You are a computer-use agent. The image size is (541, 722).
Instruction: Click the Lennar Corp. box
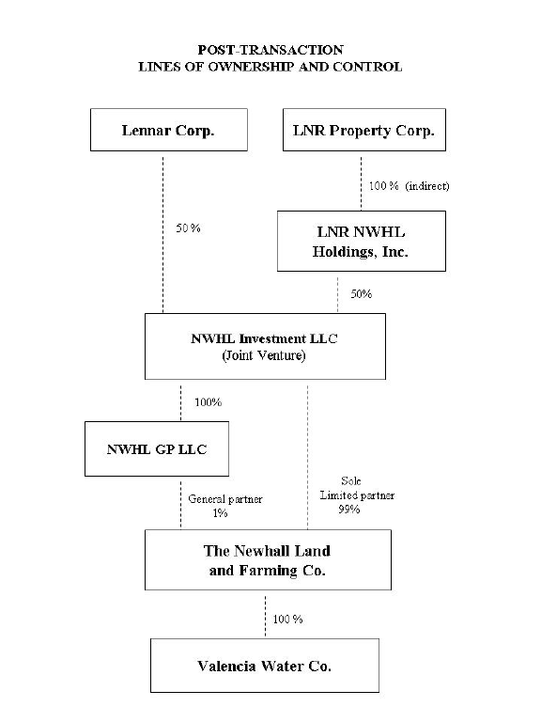(169, 130)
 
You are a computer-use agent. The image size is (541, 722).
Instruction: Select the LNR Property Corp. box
(364, 130)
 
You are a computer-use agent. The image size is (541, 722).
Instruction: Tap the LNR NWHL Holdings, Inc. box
(361, 242)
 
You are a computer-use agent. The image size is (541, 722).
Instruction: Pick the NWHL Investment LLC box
(265, 347)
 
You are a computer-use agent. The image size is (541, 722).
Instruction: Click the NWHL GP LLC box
(157, 449)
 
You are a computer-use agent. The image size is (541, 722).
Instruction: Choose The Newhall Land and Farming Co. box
(268, 560)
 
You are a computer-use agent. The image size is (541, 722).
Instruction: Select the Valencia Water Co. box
(265, 666)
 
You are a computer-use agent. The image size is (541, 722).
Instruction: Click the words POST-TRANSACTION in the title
(270, 50)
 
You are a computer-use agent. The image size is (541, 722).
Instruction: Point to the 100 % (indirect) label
(409, 186)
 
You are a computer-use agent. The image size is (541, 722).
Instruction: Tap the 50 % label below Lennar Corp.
(188, 228)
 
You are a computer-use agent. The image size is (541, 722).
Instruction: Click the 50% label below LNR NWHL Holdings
(361, 293)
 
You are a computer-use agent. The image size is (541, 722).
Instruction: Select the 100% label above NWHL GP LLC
(208, 402)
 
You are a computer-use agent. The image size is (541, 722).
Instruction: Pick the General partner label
(225, 499)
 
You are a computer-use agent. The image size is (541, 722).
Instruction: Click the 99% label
(349, 510)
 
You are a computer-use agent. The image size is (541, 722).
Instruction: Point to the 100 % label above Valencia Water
(287, 619)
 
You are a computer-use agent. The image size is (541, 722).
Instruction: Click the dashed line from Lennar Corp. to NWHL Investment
(162, 235)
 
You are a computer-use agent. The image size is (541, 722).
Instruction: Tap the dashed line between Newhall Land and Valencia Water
(265, 617)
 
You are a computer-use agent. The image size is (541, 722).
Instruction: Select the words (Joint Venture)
(264, 355)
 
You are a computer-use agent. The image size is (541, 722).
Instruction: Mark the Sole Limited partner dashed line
(307, 458)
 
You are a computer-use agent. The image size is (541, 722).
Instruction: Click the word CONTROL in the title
(367, 67)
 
